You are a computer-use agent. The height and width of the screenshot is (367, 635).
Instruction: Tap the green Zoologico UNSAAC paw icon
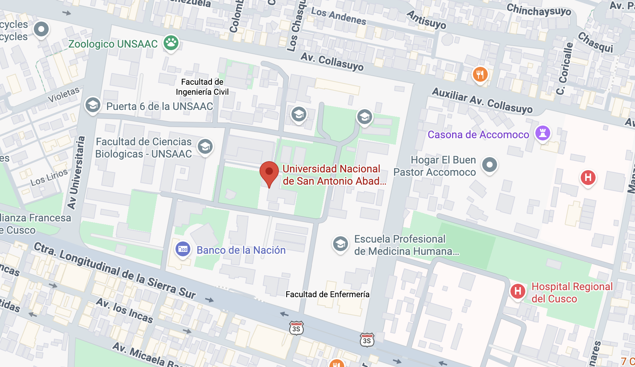171,43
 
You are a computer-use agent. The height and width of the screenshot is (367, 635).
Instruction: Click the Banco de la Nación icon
183,249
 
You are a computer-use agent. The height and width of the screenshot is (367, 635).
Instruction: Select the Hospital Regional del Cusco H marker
518,291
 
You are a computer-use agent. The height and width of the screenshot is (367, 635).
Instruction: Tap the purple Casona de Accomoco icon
542,133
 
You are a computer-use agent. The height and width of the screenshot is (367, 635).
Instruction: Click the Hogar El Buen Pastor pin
490,165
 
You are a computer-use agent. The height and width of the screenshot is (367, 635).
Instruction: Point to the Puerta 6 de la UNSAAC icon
93,105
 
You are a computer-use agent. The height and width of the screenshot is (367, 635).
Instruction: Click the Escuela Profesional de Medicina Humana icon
341,244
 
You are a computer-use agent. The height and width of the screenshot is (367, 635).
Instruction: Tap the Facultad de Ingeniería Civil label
202,87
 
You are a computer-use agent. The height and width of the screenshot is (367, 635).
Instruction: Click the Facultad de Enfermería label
328,295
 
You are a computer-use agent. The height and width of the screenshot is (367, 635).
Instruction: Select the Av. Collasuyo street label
332,62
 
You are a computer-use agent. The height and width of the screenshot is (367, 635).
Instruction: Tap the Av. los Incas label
125,310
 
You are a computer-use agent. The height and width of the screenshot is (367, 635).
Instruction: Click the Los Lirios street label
49,177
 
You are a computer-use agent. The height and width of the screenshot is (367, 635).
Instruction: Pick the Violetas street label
64,94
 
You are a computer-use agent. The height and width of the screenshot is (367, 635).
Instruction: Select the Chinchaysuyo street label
539,10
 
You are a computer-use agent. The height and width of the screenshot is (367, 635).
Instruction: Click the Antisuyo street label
426,19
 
